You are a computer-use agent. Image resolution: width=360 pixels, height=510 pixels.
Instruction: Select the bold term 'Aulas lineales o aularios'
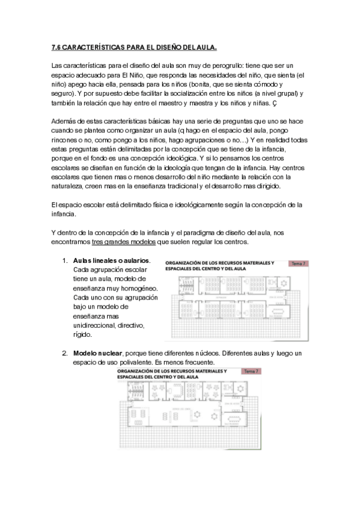tap(111, 261)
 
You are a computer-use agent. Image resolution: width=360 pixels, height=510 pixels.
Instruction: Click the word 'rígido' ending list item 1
tap(82, 334)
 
